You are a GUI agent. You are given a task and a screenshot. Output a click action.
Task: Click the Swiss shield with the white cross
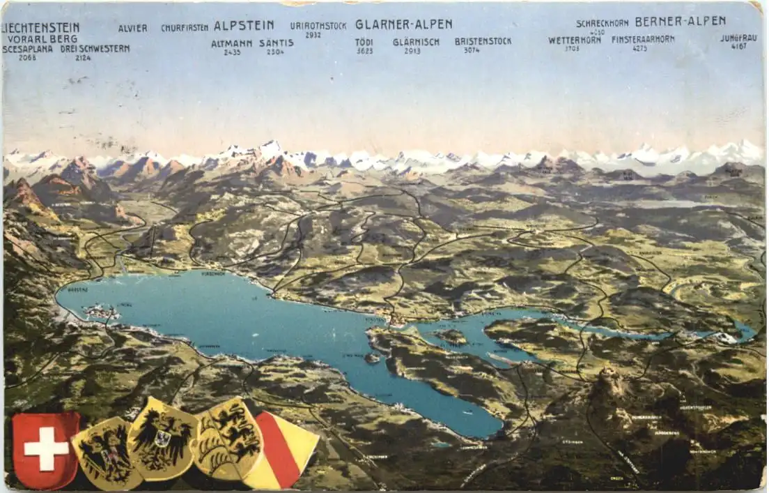[x=46, y=449]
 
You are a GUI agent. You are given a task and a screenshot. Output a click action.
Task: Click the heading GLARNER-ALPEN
[x=403, y=24]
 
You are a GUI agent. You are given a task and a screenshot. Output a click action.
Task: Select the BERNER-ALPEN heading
[x=680, y=21]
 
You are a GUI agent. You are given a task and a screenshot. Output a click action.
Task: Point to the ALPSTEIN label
[x=244, y=26]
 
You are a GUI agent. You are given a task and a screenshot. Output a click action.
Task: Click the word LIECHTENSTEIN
[x=41, y=28]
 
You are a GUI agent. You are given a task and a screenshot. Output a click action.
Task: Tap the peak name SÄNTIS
[x=276, y=43]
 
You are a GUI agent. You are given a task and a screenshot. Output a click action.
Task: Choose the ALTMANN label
[x=232, y=43]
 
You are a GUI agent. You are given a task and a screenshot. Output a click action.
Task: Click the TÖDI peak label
[x=364, y=42]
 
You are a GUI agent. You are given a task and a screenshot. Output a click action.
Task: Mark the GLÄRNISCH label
[x=416, y=42]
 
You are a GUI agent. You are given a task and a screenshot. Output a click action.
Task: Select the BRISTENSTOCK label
[x=483, y=41]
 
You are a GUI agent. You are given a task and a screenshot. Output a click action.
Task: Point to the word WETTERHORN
[x=574, y=40]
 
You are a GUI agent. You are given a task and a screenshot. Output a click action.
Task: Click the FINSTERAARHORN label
[x=642, y=40]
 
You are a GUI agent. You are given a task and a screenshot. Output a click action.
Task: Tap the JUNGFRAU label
[x=738, y=38]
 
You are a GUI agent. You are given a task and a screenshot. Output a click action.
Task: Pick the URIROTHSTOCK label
[x=318, y=26]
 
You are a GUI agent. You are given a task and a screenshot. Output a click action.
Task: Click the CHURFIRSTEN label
[x=185, y=28]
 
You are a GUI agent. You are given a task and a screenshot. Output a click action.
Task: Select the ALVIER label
[x=132, y=29]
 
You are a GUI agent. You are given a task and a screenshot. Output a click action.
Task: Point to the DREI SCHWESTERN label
[x=95, y=49]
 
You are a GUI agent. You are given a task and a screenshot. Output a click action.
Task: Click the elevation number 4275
[x=639, y=48]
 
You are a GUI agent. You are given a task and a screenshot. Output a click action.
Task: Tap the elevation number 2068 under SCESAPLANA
[x=27, y=57]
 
